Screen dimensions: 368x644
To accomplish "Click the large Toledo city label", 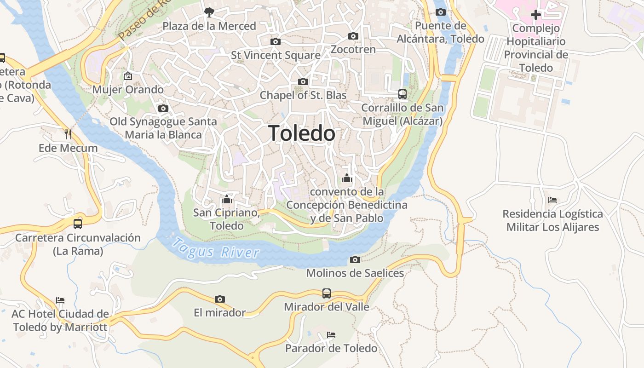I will click(301, 133).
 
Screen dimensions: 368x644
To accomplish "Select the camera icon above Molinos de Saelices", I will click(355, 260).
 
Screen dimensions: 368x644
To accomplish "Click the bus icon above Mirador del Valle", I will click(326, 293).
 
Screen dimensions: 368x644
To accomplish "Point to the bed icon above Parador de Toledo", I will click(331, 334).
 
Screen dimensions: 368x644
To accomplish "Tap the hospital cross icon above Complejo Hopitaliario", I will click(535, 15).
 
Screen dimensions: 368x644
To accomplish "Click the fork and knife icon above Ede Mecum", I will click(68, 134).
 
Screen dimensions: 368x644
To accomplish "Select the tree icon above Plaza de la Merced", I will click(209, 12).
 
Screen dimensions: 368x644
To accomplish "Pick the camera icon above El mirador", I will click(220, 299).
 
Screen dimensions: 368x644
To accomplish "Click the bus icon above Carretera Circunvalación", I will click(77, 224).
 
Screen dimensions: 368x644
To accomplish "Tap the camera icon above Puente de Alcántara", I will click(440, 12).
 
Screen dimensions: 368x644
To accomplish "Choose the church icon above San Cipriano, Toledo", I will click(226, 199).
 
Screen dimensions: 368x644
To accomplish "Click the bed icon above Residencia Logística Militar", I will click(552, 200).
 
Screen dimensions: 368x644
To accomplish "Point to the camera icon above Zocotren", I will click(353, 36).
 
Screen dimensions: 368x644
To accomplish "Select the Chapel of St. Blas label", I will click(303, 95).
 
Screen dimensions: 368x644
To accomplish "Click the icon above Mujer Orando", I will click(127, 76).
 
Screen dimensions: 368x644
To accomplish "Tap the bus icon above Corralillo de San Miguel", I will click(402, 94).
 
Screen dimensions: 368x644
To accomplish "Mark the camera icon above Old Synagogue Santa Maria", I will click(163, 109).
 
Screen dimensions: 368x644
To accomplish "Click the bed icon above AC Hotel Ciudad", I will click(60, 300).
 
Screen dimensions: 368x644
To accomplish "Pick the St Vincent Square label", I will click(276, 55).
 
